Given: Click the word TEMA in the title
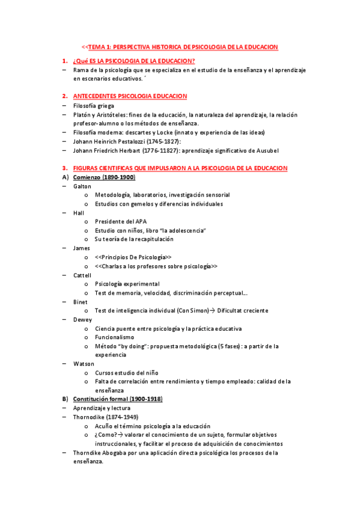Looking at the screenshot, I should coord(97,47).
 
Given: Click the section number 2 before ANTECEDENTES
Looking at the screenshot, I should coord(64,96).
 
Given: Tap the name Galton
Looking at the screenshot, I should coord(82,186).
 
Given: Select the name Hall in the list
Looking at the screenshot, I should coord(79,213).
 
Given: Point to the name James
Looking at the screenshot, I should coord(81,248).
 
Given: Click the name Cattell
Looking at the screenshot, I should coord(82,274).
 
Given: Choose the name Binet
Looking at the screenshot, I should coord(81,301).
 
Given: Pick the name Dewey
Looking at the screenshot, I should coord(82,319).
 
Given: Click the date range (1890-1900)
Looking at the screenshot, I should coord(118,177).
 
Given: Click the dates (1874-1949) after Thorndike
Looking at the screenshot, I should coord(123,417).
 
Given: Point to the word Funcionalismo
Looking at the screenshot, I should coord(117,337).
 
